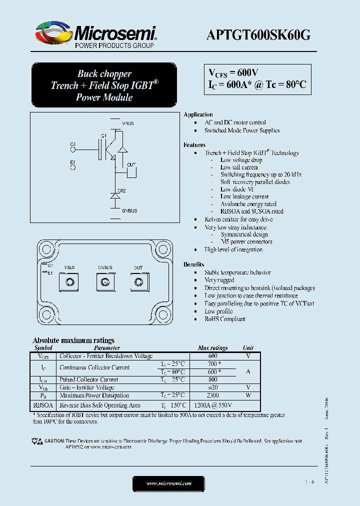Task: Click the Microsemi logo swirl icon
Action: pyautogui.click(x=53, y=33)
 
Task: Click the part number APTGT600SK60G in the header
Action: pyautogui.click(x=258, y=34)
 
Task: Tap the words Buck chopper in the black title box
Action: pyautogui.click(x=104, y=73)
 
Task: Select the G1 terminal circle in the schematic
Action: pyautogui.click(x=73, y=148)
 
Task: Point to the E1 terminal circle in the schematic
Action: pyautogui.click(x=73, y=167)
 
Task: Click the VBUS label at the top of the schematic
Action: pyautogui.click(x=128, y=123)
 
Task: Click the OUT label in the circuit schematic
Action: pyautogui.click(x=131, y=164)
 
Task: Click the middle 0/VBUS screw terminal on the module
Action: pyautogui.click(x=105, y=282)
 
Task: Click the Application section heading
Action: pyautogui.click(x=198, y=114)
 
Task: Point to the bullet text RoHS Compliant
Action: pyautogui.click(x=224, y=319)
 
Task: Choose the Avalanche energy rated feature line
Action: pyautogui.click(x=248, y=204)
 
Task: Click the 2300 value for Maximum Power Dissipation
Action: pyautogui.click(x=212, y=395)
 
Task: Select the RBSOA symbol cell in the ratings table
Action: pyautogui.click(x=44, y=405)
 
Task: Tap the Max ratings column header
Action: pyautogui.click(x=212, y=347)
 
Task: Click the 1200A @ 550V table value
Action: pyautogui.click(x=212, y=405)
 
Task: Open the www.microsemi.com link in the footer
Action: pyautogui.click(x=169, y=483)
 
